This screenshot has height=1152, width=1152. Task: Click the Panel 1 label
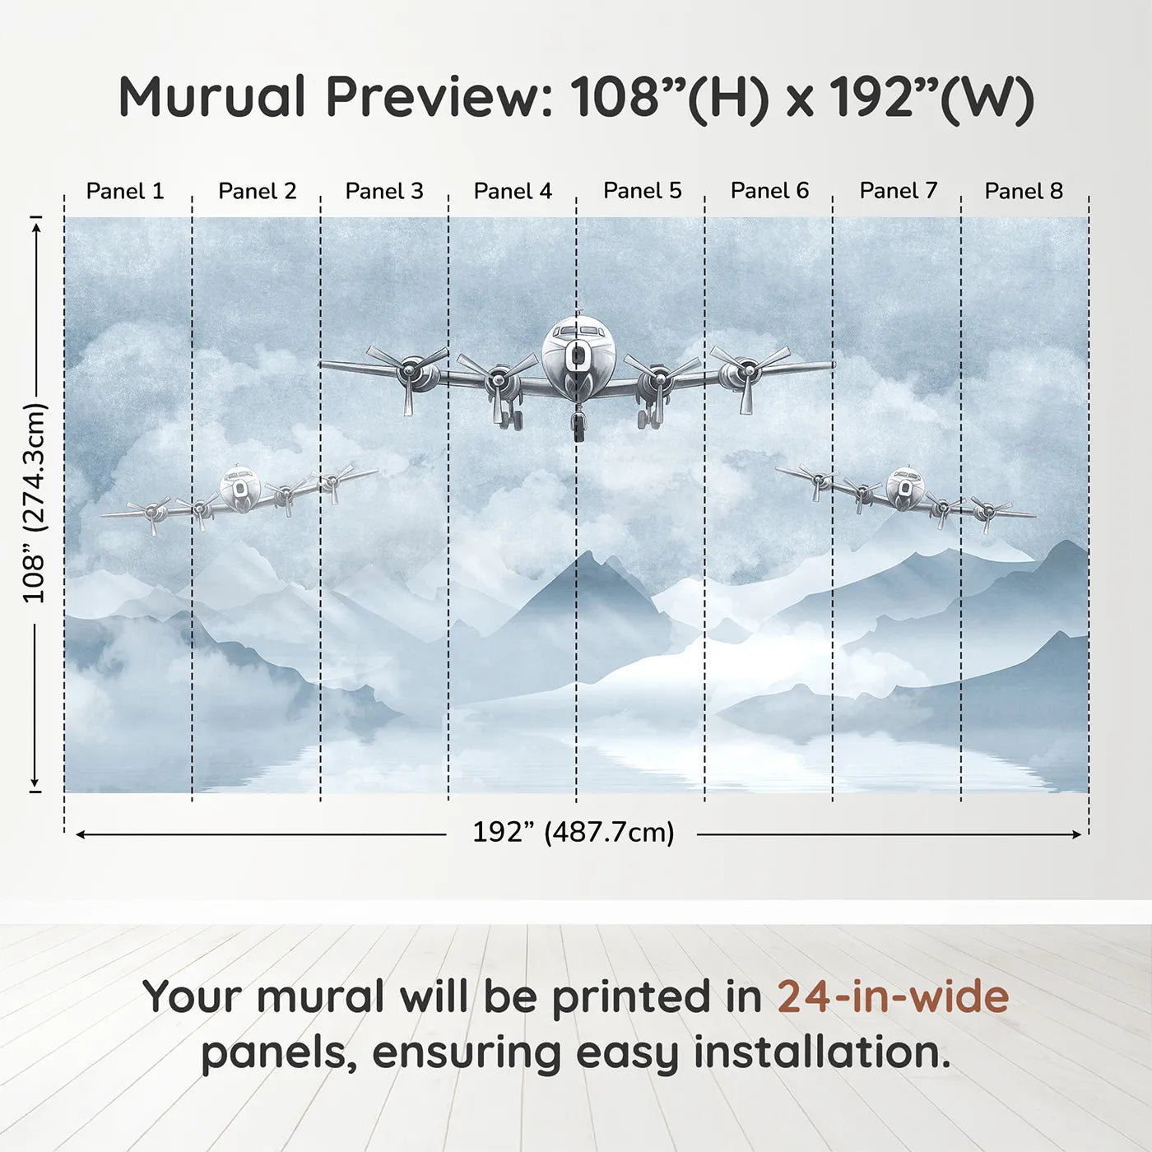[x=125, y=192]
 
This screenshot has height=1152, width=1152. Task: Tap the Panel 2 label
[x=257, y=192]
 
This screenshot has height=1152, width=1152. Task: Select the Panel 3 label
[x=384, y=192]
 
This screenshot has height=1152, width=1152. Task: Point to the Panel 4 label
[x=513, y=192]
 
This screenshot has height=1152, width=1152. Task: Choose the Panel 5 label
[x=643, y=191]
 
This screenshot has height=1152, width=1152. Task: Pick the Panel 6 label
[x=769, y=191]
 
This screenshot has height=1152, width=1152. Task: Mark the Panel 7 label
[x=899, y=191]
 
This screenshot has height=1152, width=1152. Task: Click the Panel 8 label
[x=1024, y=192]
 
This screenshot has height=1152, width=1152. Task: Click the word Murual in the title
[x=212, y=97]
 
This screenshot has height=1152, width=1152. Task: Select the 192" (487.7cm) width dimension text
[x=573, y=833]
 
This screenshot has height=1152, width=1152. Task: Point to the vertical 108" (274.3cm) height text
[x=35, y=503]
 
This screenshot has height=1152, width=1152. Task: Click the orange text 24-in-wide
[x=893, y=996]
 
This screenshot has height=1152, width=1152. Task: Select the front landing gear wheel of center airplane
[x=579, y=429]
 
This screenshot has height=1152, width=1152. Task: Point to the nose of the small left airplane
[x=239, y=487]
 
